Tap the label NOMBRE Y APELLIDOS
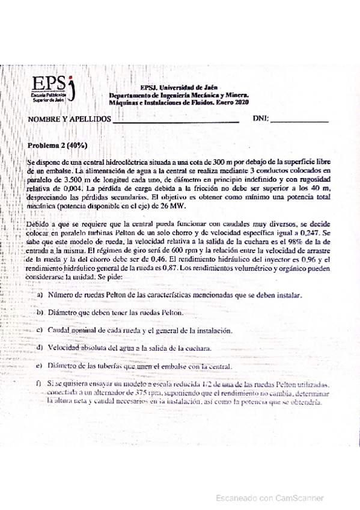click(x=69, y=120)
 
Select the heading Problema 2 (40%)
click(x=58, y=146)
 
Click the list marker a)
click(x=40, y=295)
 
